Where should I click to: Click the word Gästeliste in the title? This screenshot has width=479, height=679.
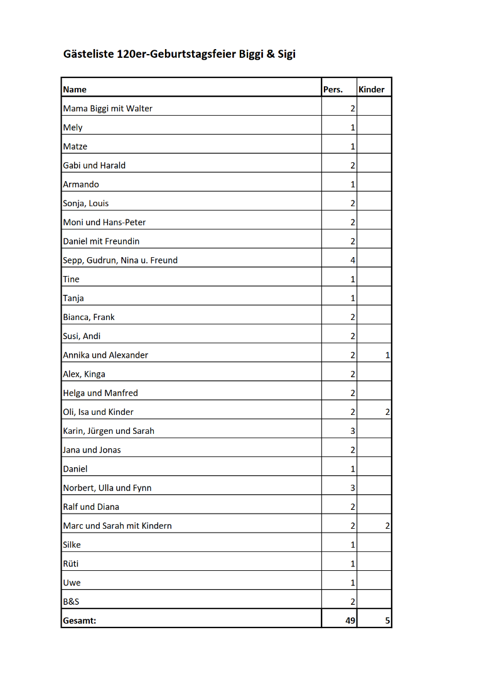89,54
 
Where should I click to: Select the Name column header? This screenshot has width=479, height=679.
75,89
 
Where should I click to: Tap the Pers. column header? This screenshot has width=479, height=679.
333,89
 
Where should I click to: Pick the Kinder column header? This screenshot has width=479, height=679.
371,89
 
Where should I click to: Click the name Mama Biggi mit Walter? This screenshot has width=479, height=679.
107,108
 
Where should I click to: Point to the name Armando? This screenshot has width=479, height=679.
81,184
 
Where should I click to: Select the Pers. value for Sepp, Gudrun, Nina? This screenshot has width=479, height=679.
353,260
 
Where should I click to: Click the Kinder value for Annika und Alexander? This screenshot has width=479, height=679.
387,355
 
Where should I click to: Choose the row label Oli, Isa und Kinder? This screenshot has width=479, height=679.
98,412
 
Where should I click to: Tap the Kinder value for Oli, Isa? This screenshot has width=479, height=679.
387,412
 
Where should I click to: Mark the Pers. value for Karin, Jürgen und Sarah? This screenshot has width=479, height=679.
353,431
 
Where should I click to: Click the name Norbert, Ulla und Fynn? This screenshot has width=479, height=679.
107,488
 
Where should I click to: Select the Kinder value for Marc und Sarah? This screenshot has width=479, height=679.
387,526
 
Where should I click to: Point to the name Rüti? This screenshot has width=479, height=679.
71,563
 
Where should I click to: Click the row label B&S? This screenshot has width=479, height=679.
71,602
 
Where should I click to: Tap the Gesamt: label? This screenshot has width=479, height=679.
78,621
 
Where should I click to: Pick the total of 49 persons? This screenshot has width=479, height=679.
350,621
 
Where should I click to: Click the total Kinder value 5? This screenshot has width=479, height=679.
387,621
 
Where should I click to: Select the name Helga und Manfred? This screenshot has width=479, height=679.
100,393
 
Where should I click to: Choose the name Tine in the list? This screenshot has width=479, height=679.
71,279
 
